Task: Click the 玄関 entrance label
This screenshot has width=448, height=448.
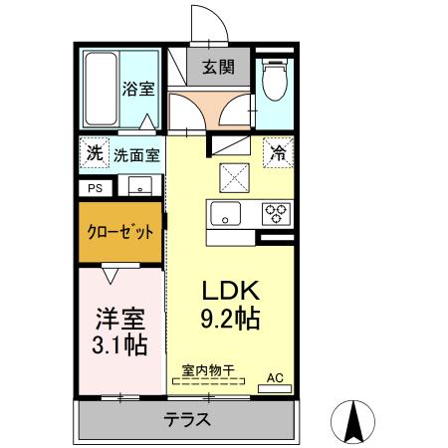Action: pos(218,68)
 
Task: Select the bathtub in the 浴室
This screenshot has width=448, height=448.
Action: pos(100,88)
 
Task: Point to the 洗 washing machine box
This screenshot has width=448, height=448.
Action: pos(94,154)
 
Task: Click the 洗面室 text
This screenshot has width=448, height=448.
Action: pos(135,155)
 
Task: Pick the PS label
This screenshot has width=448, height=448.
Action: pos(95,187)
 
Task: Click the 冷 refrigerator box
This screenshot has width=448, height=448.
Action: pos(278,153)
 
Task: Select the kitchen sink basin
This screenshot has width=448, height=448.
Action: pos(225,213)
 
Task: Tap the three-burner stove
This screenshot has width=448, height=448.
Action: pos(275,212)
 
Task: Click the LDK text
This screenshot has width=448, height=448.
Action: pos(231,292)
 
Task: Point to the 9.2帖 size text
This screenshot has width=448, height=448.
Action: pos(231,320)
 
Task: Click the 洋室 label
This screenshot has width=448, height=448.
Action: pos(120,319)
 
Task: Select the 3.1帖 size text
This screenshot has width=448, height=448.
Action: pos(120,345)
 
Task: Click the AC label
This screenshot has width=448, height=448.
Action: pos(275,378)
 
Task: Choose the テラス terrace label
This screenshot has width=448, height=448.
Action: pos(187,419)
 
